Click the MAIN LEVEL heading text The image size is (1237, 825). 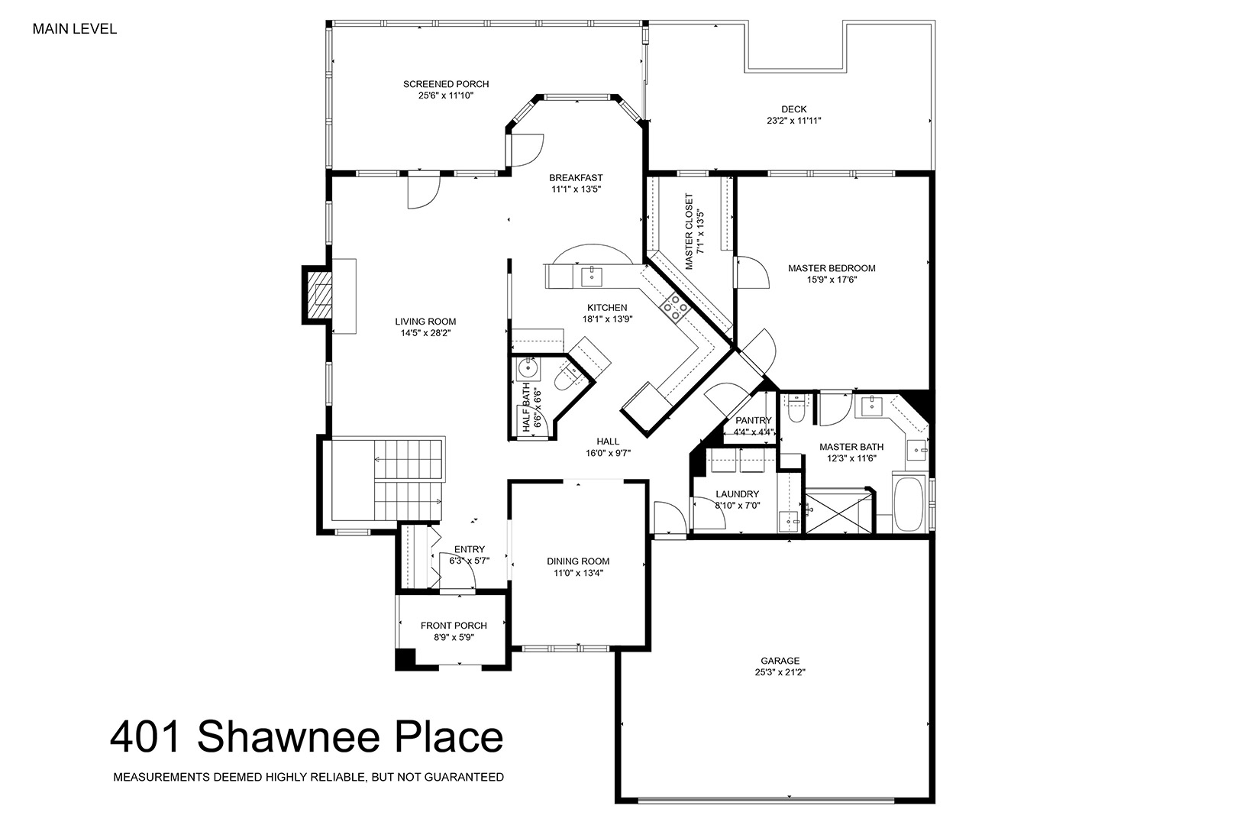75,29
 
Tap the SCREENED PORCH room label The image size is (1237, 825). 446,84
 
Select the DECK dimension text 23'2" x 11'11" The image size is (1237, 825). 793,121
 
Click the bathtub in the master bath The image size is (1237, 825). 909,504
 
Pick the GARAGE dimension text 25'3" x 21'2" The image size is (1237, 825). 780,672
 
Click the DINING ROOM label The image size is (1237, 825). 578,561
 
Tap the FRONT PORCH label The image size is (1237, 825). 454,626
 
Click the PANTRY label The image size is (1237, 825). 753,420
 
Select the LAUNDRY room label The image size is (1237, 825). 737,494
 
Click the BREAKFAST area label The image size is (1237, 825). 576,177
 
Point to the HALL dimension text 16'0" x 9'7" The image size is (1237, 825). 608,453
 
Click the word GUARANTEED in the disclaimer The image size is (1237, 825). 464,777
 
